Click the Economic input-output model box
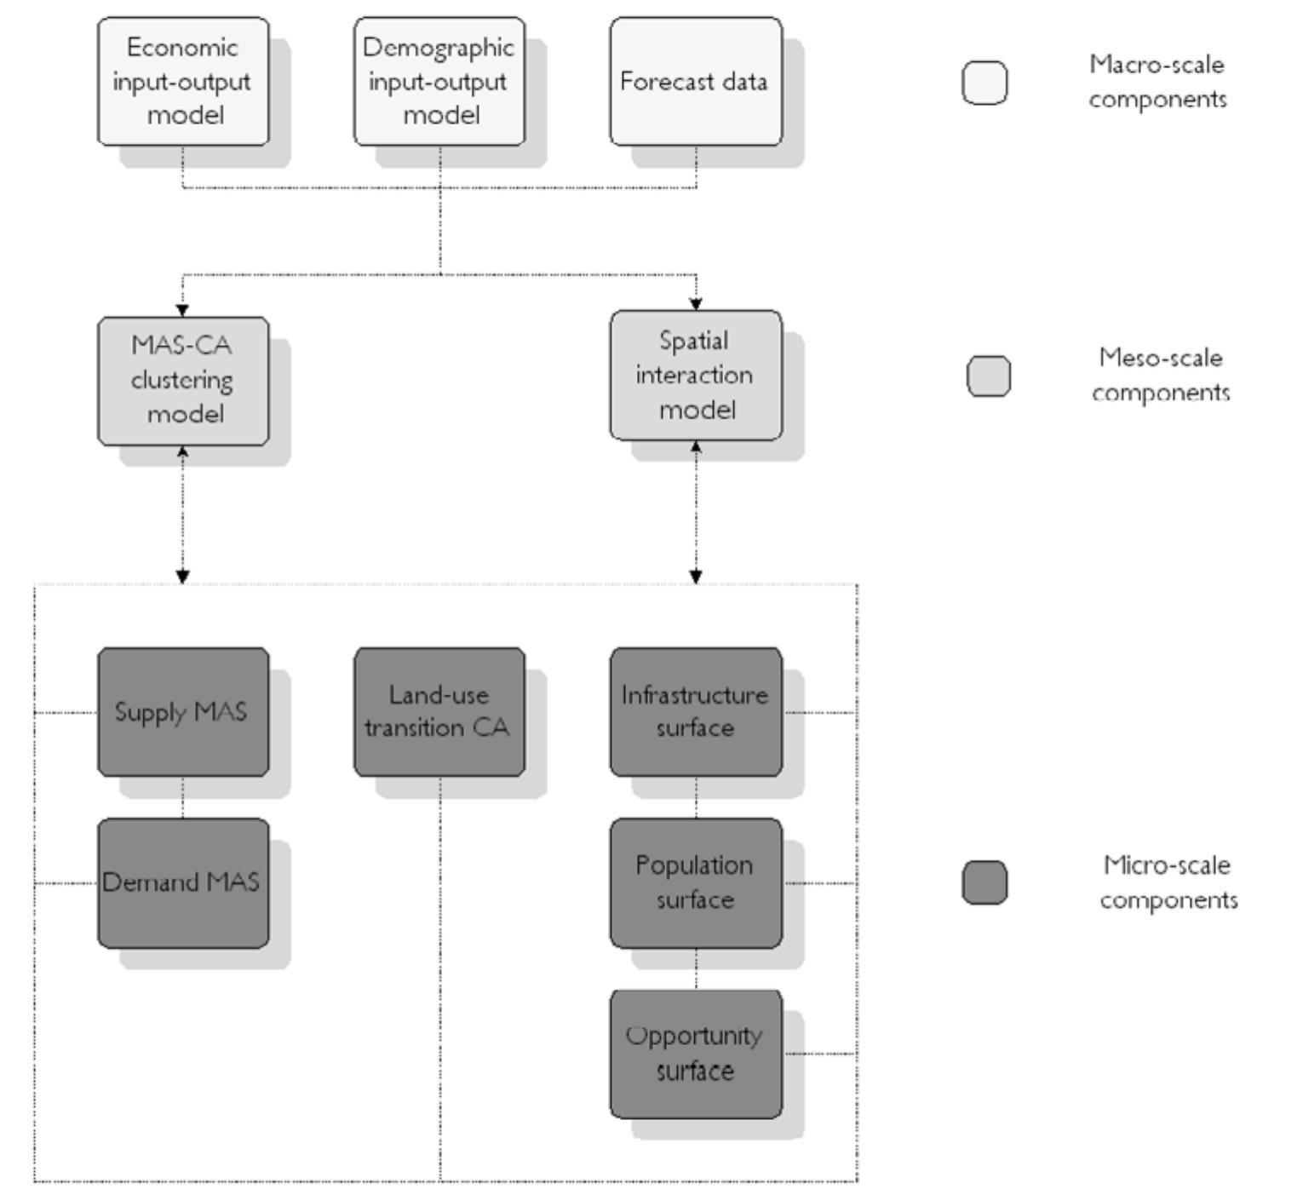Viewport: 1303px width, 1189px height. (183, 81)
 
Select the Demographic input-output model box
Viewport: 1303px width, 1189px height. (439, 81)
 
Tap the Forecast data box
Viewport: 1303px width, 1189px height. (696, 81)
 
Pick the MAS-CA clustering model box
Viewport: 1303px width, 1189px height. (183, 381)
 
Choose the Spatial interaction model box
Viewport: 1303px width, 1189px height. (696, 375)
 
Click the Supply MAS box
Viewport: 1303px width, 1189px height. (183, 712)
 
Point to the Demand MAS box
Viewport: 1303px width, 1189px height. (183, 883)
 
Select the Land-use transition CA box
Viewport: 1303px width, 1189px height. (439, 712)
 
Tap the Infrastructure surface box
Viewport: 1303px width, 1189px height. (696, 712)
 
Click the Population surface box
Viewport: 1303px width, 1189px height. (696, 883)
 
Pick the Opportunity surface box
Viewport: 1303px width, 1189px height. (696, 1054)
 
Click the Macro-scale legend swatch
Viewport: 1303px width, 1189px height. (984, 83)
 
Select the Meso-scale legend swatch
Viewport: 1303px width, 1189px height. (989, 376)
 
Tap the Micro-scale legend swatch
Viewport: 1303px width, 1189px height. (984, 882)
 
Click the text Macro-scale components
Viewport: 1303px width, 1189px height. (1157, 82)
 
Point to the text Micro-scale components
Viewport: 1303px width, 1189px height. (1168, 882)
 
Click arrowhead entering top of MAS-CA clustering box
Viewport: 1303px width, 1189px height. (182, 310)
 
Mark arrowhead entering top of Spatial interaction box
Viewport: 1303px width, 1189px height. (696, 303)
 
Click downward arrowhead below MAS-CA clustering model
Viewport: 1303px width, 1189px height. (182, 577)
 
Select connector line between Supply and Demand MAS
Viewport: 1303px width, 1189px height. (183, 798)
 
